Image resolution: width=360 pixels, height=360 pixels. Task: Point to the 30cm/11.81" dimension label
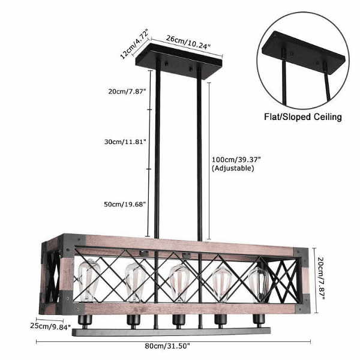coord(125,142)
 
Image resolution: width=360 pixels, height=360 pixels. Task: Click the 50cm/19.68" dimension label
coord(125,204)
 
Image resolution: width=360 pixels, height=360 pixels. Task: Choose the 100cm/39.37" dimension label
coord(236,160)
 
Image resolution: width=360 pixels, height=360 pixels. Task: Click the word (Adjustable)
coord(233,169)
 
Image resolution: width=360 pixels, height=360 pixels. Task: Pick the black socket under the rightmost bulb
coord(259,318)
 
